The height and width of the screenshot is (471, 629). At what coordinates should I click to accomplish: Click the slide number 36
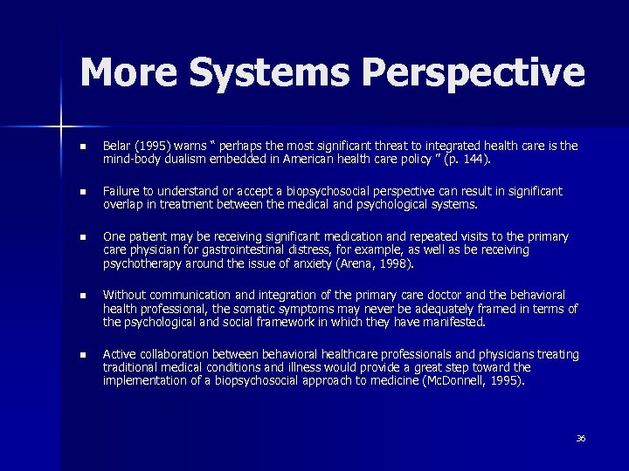[581, 438]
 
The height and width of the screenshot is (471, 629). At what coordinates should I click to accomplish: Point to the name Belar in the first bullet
[115, 146]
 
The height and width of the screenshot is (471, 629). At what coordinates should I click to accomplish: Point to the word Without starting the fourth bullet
[124, 296]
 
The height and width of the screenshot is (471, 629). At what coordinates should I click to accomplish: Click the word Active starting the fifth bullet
[119, 354]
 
